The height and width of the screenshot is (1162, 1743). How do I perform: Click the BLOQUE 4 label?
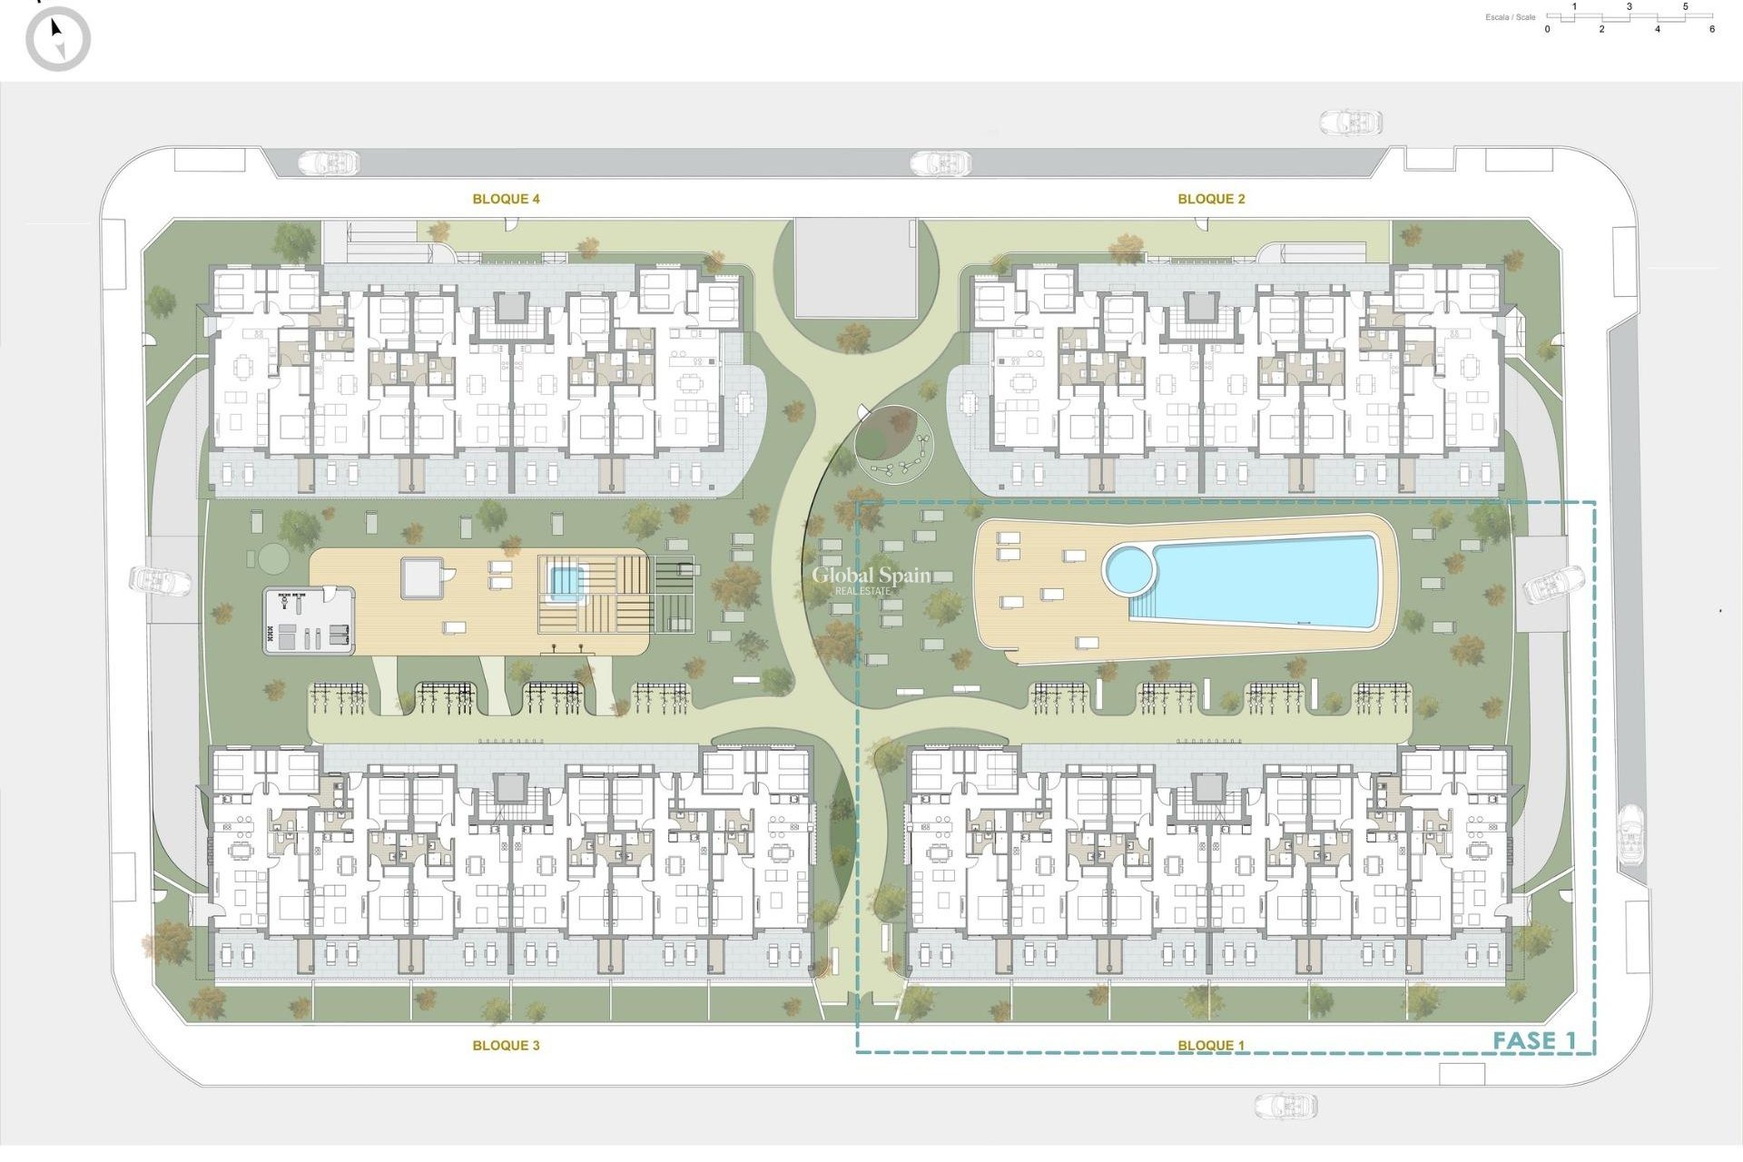[506, 199]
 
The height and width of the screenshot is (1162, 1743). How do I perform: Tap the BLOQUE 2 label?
[1211, 199]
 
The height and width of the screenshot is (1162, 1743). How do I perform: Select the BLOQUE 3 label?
[506, 1046]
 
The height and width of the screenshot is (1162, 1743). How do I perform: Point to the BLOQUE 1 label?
[1211, 1046]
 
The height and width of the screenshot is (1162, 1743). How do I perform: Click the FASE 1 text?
[1534, 1041]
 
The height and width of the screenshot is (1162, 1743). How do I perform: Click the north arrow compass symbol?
[58, 39]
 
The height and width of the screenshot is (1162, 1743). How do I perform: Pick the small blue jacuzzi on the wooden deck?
[564, 580]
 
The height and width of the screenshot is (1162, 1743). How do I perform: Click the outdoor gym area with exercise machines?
[309, 621]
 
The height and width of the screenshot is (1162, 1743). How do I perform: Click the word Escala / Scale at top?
[1511, 17]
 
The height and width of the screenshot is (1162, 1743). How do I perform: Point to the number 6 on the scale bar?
[1712, 29]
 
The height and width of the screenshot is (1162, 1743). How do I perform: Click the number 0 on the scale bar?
[1548, 29]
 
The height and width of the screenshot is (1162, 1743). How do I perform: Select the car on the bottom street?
[1285, 1106]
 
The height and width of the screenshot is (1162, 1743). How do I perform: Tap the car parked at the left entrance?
[160, 581]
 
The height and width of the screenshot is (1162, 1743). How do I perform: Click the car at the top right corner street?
[1351, 122]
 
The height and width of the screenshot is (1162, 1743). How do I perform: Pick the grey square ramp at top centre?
[854, 267]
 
